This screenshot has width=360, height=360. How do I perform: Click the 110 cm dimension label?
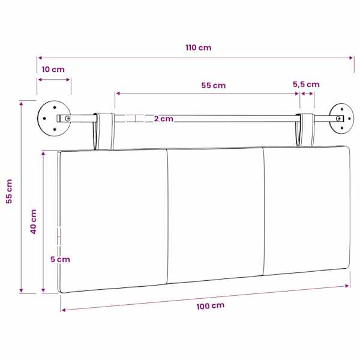(199, 47)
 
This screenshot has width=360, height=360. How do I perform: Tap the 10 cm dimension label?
(53, 70)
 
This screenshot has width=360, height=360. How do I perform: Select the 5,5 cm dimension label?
(306, 85)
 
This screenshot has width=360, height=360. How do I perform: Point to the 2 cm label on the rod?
(163, 119)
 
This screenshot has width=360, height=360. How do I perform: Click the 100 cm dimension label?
(211, 306)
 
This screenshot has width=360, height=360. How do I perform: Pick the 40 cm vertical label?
(34, 221)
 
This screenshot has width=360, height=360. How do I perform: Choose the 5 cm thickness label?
(60, 259)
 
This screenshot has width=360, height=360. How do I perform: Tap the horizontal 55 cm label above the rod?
(213, 85)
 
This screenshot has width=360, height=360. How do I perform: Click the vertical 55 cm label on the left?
(9, 191)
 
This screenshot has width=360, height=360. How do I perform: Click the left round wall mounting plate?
(54, 118)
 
